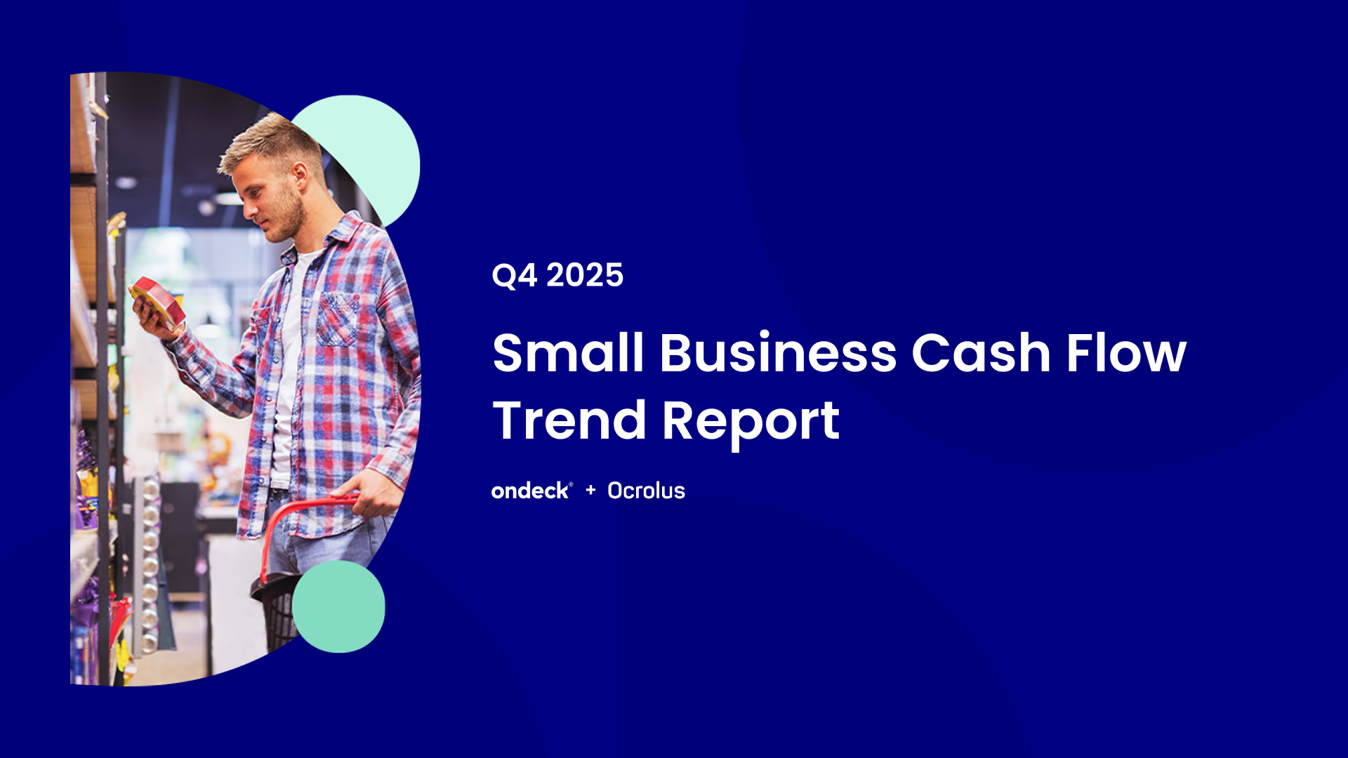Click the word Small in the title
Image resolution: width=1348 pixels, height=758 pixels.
coord(568,352)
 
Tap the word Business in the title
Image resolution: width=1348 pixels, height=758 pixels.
coord(778,352)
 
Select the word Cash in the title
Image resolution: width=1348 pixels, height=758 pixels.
coord(980,352)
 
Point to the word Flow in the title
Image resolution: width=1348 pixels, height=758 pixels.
coord(1126,352)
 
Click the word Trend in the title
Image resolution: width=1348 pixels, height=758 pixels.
coord(569,420)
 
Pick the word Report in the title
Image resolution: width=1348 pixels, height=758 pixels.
coord(751,423)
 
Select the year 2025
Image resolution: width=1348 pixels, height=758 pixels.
coord(585,275)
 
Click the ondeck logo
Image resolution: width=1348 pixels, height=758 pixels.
coord(531,491)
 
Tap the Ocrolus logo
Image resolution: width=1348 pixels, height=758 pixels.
coord(646,491)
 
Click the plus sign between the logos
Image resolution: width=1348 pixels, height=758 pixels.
coord(590,490)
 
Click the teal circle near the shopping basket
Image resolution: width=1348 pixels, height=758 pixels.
coord(338,606)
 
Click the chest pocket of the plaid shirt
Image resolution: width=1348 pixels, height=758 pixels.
coord(338,320)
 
